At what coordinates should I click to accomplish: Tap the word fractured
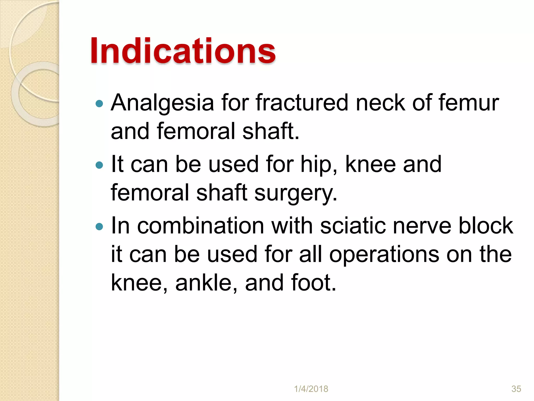click(302, 103)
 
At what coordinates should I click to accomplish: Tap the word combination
click(201, 226)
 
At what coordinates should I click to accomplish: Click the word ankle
click(206, 283)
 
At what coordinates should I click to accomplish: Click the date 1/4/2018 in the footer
click(311, 389)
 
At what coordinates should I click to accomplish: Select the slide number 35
click(516, 389)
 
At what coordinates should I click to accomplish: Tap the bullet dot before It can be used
click(99, 165)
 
